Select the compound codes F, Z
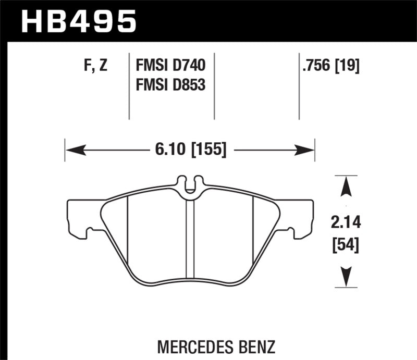click(95, 66)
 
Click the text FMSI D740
click(171, 66)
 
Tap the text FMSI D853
click(171, 83)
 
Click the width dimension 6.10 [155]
click(190, 151)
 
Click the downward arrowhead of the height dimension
click(342, 275)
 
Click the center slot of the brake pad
click(190, 240)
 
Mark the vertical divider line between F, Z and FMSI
click(129, 86)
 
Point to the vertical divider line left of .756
click(299, 86)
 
